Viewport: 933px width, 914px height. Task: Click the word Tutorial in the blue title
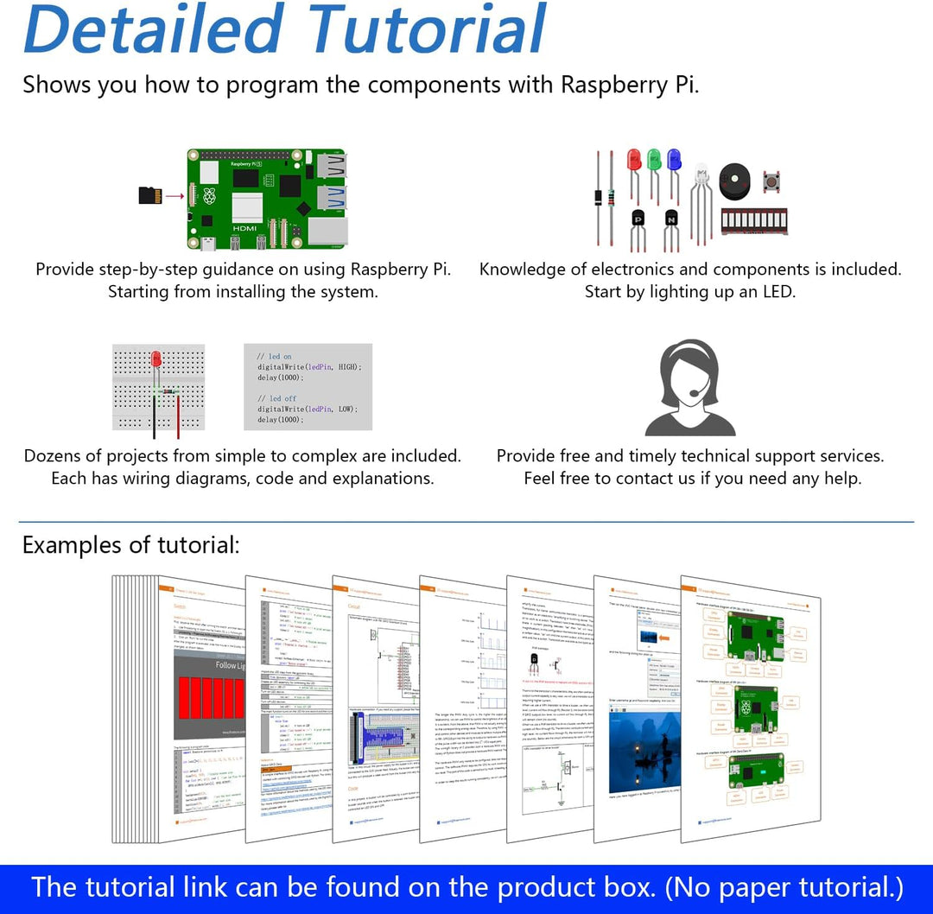point(427,29)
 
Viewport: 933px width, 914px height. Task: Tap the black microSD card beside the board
point(150,196)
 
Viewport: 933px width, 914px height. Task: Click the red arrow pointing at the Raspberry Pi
point(175,196)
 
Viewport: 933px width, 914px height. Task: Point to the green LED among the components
point(654,160)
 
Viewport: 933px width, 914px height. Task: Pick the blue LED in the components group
point(674,160)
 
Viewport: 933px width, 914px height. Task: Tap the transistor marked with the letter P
point(638,219)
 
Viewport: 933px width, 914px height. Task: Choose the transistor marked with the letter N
point(670,219)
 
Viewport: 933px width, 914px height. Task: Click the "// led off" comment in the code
point(276,398)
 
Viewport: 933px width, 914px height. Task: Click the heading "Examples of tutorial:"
point(131,545)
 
